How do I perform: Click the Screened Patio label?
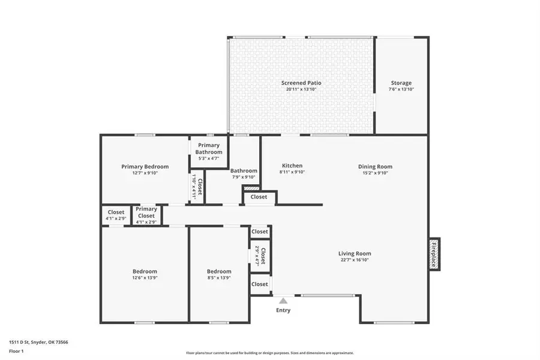pyautogui.click(x=301, y=83)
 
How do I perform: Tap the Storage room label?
pyautogui.click(x=401, y=83)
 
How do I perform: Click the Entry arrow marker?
pyautogui.click(x=283, y=301)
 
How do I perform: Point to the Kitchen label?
pyautogui.click(x=292, y=166)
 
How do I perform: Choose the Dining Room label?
pyautogui.click(x=375, y=167)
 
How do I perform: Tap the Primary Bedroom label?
pyautogui.click(x=145, y=167)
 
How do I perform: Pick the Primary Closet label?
pyautogui.click(x=146, y=212)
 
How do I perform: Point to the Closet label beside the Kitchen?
pyautogui.click(x=259, y=197)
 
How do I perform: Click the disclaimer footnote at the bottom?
pyautogui.click(x=269, y=353)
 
